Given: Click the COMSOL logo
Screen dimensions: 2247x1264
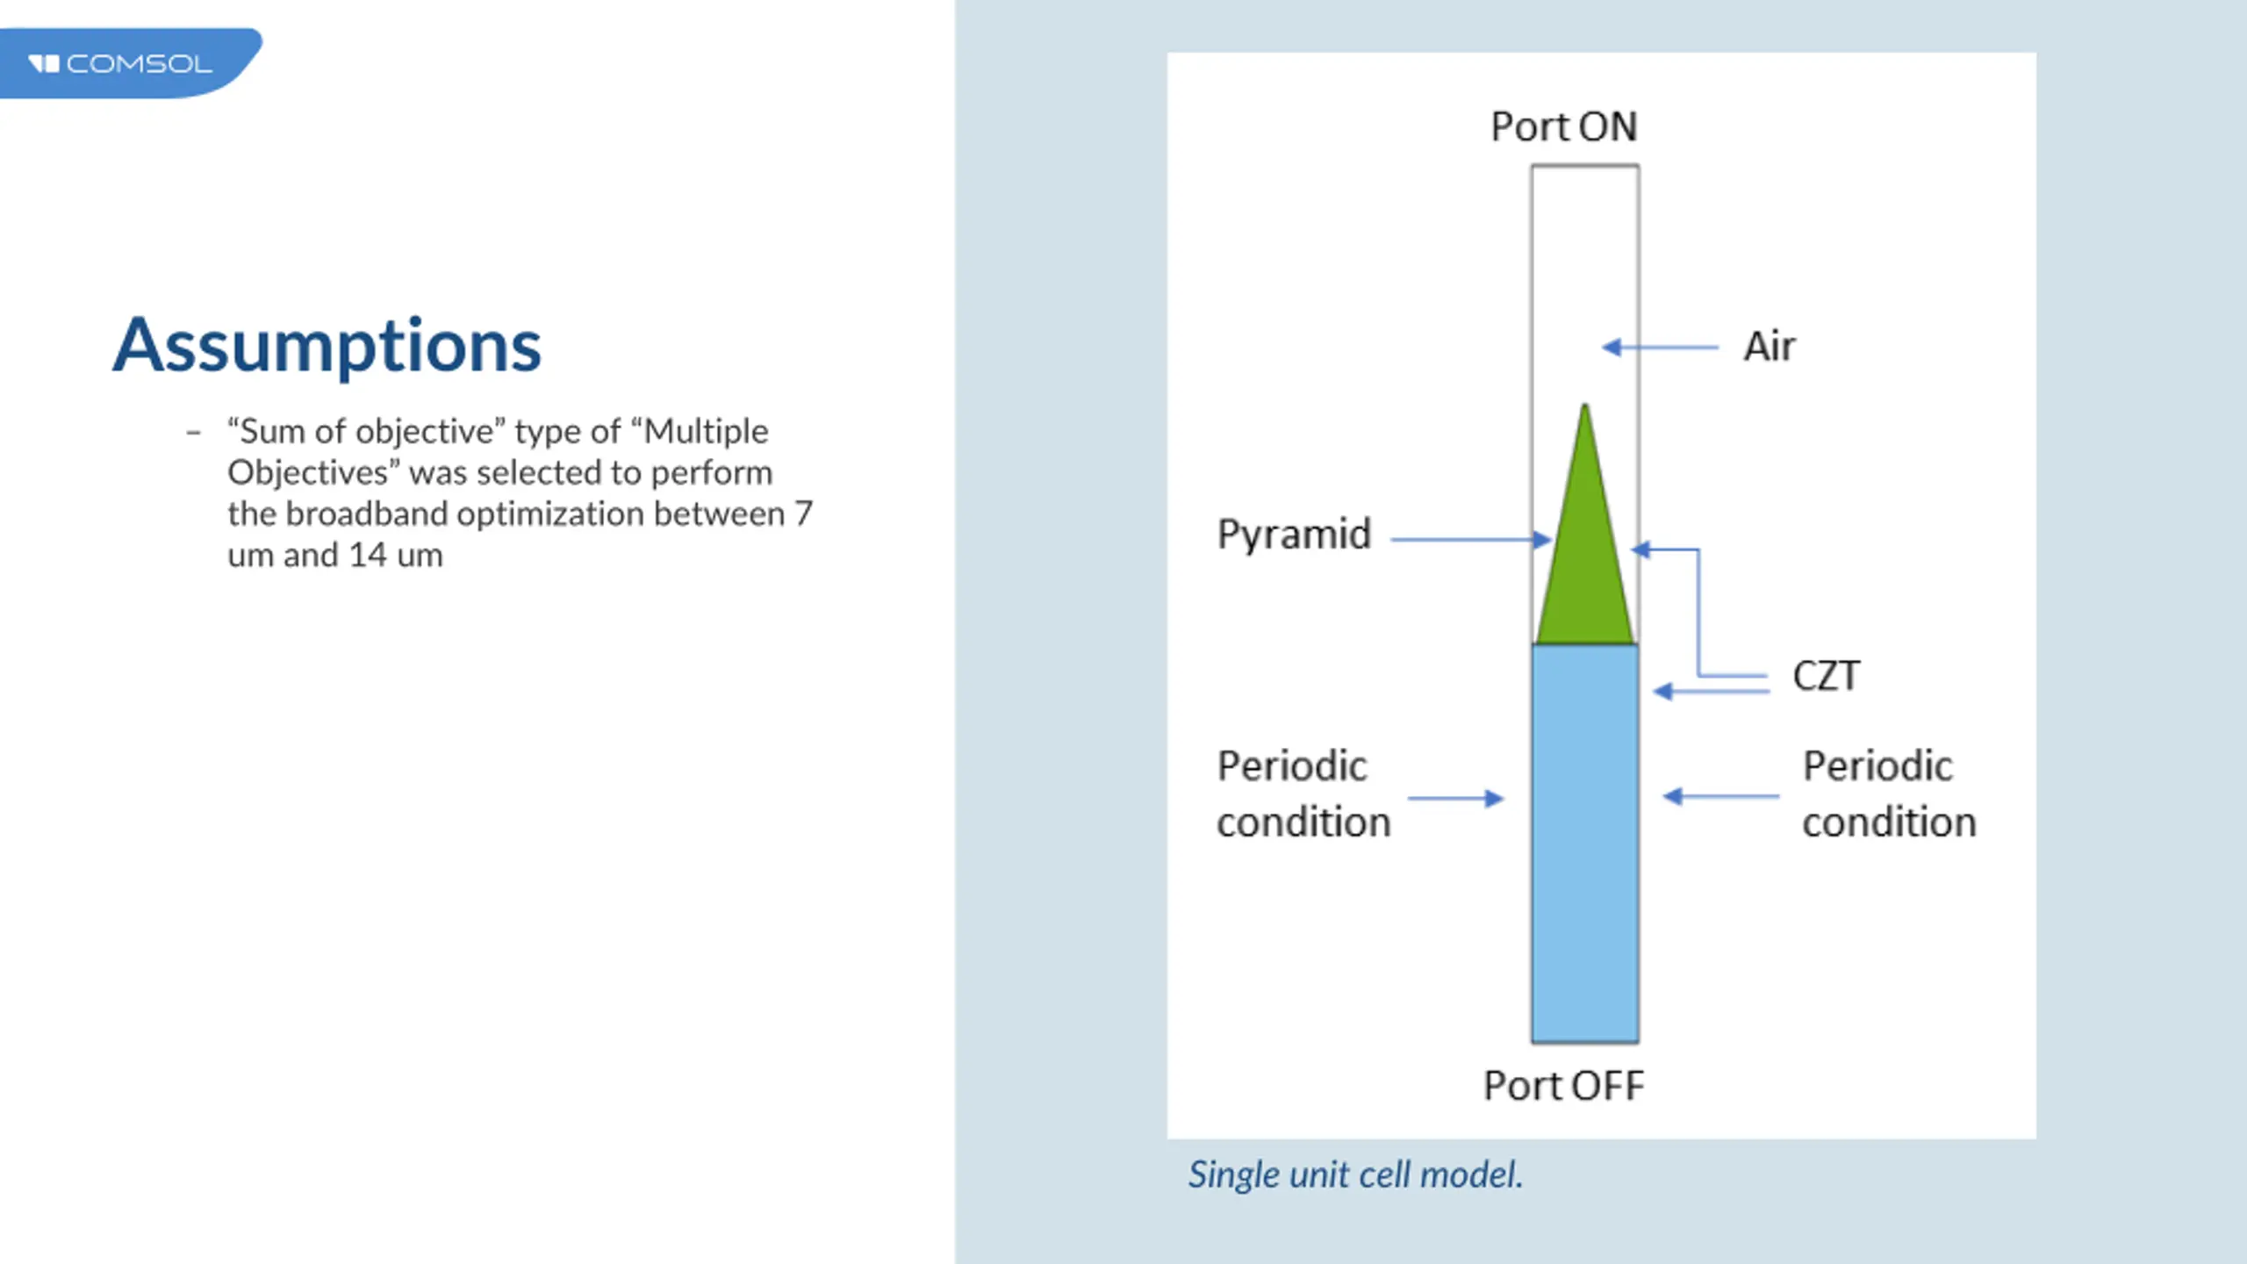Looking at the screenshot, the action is [x=123, y=63].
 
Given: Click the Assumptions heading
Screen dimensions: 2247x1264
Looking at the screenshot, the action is [x=327, y=346].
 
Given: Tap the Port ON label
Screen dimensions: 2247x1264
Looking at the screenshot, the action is [x=1563, y=126].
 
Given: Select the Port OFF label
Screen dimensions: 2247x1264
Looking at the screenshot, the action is [x=1563, y=1086].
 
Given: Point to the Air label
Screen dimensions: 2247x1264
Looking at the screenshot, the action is [x=1769, y=346].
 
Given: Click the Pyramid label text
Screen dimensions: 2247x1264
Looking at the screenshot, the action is [x=1294, y=535].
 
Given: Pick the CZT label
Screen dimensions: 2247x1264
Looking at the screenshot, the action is [x=1826, y=676].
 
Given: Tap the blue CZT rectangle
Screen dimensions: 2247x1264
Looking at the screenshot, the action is [x=1585, y=843].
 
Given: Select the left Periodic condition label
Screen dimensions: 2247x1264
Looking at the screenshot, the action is [x=1303, y=794].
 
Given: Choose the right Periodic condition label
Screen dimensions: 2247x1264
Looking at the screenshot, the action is [x=1889, y=794].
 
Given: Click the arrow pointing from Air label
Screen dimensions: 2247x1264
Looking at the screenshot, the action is [x=1659, y=348].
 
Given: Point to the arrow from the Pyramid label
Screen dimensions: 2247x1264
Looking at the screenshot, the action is [x=1470, y=540].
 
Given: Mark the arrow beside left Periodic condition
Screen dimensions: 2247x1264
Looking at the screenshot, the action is [x=1455, y=799].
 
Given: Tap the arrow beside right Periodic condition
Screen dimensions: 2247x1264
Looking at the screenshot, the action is [x=1720, y=797].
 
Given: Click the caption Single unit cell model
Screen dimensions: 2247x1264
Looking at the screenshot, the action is [x=1355, y=1174].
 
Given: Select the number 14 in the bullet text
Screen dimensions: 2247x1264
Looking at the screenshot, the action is [x=368, y=556].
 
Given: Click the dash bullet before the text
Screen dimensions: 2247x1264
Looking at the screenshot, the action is [x=194, y=432].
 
